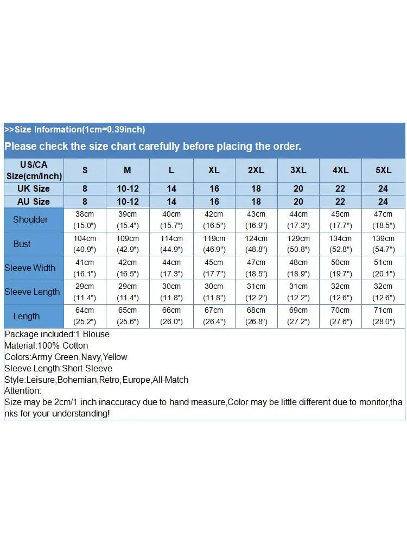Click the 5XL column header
click(383, 170)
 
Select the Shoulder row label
click(30, 219)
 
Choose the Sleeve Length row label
click(32, 292)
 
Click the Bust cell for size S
click(85, 244)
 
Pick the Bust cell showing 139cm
click(383, 244)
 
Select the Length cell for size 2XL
click(256, 316)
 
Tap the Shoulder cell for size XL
click(214, 219)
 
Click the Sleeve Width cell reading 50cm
click(341, 268)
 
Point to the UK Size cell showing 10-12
click(128, 188)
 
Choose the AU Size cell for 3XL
click(298, 201)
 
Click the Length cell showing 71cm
click(383, 316)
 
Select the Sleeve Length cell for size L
click(171, 292)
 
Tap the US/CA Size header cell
click(34, 170)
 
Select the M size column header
click(128, 170)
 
